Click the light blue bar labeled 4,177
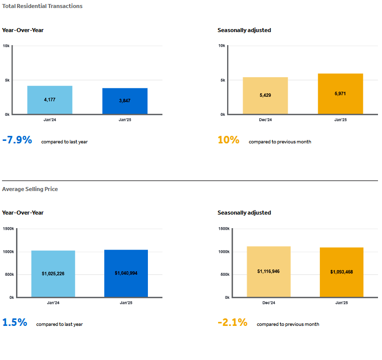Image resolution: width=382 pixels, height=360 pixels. (50, 100)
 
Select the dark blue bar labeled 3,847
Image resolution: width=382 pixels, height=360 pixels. (125, 101)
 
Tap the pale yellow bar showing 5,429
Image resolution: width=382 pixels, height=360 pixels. (265, 96)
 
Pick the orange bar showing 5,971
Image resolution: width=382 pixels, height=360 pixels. (340, 94)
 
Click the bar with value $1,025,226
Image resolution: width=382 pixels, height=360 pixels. (53, 274)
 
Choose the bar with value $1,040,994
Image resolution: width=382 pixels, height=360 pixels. (126, 273)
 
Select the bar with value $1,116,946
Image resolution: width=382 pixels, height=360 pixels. (269, 272)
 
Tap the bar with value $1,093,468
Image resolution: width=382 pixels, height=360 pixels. (341, 272)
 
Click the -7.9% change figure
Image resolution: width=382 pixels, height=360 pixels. (17, 140)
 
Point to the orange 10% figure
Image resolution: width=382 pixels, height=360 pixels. (229, 140)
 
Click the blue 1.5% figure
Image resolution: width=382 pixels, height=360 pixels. (15, 322)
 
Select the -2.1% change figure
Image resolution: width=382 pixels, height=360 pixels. (233, 322)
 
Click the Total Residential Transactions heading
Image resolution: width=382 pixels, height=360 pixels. (42, 6)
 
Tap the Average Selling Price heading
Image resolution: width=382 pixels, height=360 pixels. (30, 189)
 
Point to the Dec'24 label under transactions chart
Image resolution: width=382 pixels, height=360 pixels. (265, 120)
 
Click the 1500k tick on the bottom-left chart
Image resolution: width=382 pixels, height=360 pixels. (9, 229)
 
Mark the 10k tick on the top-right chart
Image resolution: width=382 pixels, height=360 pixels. (222, 46)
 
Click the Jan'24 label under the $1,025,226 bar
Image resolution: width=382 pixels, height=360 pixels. (53, 303)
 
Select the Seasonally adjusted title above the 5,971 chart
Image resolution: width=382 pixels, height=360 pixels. (244, 30)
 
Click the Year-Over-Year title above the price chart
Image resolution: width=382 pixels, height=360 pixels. (23, 213)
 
